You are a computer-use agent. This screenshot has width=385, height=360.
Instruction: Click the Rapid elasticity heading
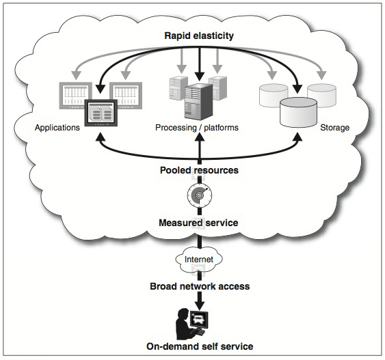(x=199, y=36)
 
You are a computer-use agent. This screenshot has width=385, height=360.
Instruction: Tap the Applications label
(x=57, y=128)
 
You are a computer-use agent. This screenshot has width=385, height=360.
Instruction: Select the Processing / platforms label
(x=197, y=128)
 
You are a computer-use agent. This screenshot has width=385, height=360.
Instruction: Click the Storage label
(x=334, y=128)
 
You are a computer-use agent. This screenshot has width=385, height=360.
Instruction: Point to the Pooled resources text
(x=199, y=170)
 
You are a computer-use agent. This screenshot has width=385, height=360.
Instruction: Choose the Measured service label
(x=198, y=223)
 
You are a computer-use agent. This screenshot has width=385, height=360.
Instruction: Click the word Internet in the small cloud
(x=199, y=259)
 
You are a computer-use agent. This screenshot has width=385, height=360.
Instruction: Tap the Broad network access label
(x=200, y=286)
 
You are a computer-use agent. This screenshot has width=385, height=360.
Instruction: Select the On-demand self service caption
(x=200, y=346)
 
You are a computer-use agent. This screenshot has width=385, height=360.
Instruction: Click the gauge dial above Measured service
(x=200, y=195)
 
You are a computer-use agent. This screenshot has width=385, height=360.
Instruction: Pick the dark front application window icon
(x=101, y=113)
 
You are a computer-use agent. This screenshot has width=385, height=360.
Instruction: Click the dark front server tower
(x=198, y=102)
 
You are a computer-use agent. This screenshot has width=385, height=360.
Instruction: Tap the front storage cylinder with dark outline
(x=298, y=112)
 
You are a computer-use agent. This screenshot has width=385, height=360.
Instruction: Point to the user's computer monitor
(x=200, y=320)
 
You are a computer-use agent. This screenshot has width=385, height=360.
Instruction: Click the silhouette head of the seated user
(x=183, y=314)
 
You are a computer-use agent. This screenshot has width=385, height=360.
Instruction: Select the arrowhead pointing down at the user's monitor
(x=200, y=305)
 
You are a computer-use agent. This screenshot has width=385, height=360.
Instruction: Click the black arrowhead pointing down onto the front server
(x=200, y=77)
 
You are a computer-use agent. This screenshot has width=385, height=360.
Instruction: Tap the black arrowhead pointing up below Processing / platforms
(x=200, y=137)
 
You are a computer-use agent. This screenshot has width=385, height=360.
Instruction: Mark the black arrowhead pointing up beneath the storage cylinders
(x=298, y=137)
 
